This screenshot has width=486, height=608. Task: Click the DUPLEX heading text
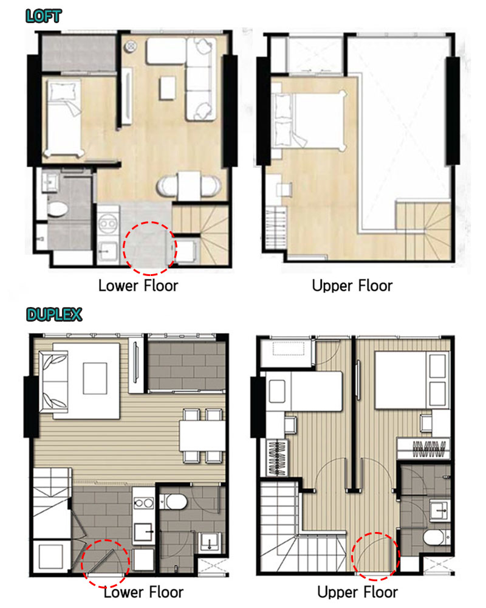tap(54, 315)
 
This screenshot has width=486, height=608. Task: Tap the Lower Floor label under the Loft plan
tap(139, 285)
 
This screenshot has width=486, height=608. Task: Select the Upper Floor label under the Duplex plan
tap(357, 592)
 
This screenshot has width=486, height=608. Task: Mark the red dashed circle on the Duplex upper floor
tap(375, 554)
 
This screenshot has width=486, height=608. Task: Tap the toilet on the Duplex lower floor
tap(176, 502)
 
